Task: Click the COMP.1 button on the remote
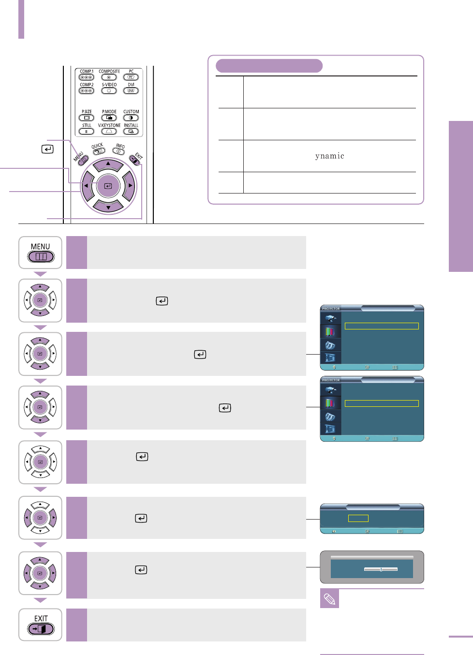point(86,77)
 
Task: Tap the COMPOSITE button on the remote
point(109,77)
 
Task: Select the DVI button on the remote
point(131,90)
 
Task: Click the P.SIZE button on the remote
point(87,118)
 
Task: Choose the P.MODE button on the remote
point(109,118)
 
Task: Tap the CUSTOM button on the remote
point(131,118)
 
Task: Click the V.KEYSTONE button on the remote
point(109,131)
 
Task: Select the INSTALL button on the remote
point(131,131)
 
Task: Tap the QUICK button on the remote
point(99,151)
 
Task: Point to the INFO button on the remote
point(118,151)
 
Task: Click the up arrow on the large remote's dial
point(108,164)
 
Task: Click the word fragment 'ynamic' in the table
point(329,156)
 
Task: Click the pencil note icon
point(329,599)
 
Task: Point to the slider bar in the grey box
point(381,569)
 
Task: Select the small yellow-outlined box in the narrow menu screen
point(358,518)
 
